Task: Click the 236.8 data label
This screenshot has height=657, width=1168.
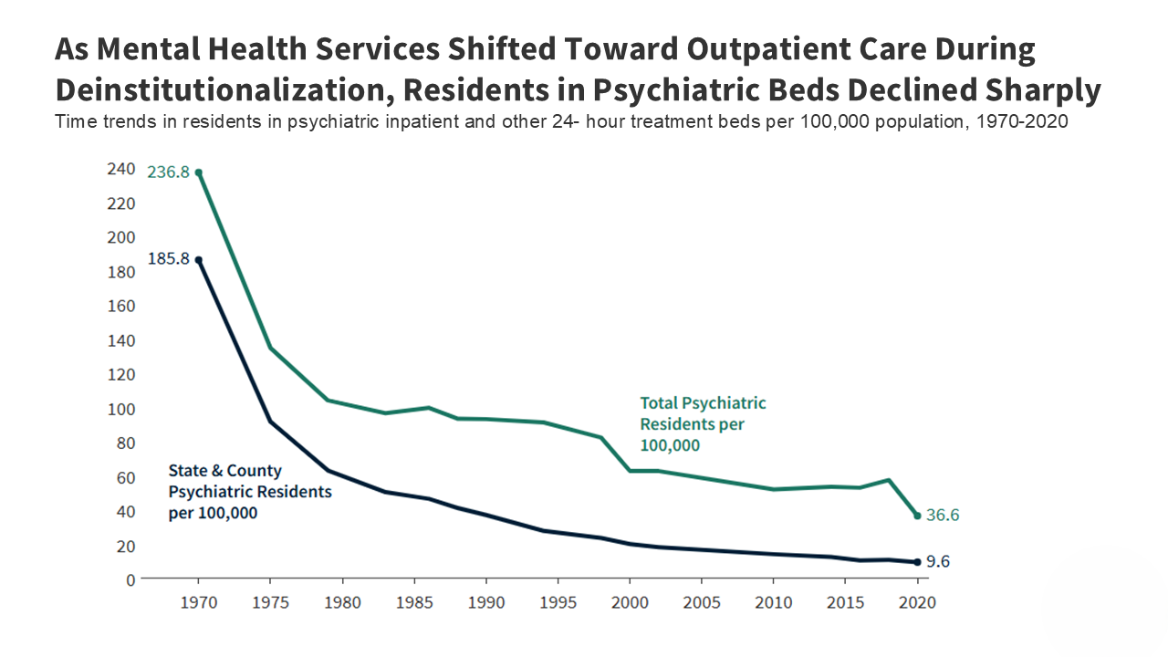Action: (168, 172)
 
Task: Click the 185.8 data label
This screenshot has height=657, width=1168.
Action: (168, 259)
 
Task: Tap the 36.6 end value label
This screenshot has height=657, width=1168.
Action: (943, 516)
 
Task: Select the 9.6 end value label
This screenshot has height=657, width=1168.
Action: (938, 562)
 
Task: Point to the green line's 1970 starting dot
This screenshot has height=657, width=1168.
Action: (198, 172)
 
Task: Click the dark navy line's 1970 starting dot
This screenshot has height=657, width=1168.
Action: (198, 260)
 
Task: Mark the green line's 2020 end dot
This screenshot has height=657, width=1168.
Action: (917, 516)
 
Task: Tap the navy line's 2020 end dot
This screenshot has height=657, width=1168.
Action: (917, 562)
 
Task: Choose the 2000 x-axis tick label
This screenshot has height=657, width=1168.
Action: (629, 603)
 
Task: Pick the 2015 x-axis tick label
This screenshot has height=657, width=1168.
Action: (845, 603)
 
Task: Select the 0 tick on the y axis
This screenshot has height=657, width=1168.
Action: (130, 579)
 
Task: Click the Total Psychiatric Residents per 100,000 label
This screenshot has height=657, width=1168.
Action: (702, 424)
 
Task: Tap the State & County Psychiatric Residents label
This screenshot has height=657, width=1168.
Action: (249, 492)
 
